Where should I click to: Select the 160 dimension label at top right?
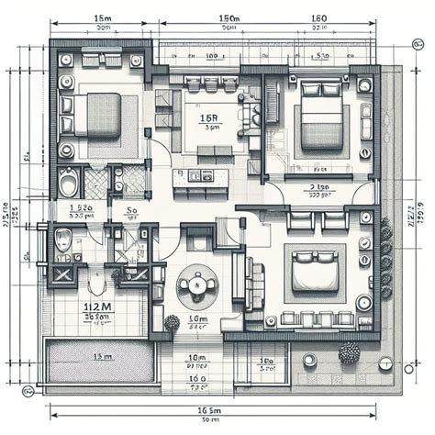pos(318,18)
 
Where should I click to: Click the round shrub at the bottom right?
pos(349,353)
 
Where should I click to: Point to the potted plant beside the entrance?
pos(172,323)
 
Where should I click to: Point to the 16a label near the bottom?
pos(195,377)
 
